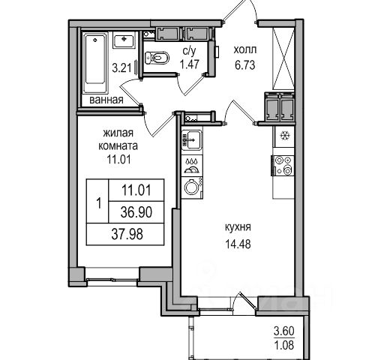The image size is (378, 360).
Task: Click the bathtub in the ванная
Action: [x=95, y=64]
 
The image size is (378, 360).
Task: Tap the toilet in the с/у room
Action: [x=157, y=58]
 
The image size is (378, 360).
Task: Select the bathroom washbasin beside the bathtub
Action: [x=124, y=40]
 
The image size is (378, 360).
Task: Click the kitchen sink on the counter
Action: [x=191, y=140]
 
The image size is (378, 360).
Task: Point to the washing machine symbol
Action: [x=192, y=187]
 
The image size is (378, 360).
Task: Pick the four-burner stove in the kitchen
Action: [x=283, y=165]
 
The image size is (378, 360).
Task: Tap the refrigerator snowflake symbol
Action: [x=284, y=136]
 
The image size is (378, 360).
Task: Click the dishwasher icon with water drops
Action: [x=191, y=166]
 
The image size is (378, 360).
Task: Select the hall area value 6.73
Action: [x=245, y=65]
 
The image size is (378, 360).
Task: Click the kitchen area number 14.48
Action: [x=238, y=244]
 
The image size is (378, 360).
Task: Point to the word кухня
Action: [x=238, y=227]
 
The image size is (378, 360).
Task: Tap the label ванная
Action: [x=106, y=100]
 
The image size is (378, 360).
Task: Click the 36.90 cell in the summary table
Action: [x=136, y=212]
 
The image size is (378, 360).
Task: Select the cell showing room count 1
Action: [x=97, y=201]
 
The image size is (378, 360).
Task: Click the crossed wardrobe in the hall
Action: [x=283, y=58]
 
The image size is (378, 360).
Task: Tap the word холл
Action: [x=245, y=50]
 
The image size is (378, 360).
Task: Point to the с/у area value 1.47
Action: [x=190, y=64]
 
